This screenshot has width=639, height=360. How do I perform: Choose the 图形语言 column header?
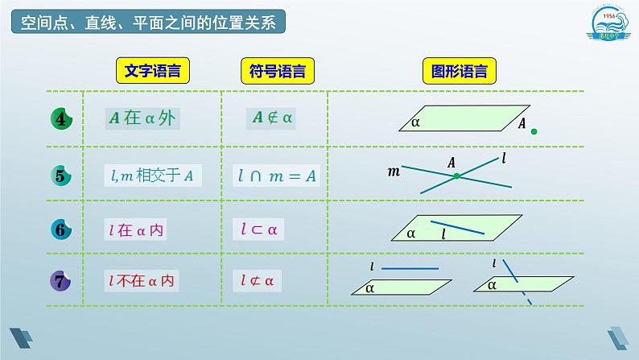point(459,72)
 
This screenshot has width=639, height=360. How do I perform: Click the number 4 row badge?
point(61,119)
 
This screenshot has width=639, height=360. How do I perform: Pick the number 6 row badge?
point(61,229)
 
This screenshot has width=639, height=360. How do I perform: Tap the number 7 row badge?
point(61,281)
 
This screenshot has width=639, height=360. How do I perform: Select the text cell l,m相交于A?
point(150,174)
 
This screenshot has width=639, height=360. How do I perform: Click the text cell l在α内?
point(137,230)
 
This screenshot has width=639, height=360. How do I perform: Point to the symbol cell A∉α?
point(274,118)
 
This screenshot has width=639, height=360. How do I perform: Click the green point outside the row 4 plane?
point(534,131)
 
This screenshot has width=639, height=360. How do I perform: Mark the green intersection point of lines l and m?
point(456,175)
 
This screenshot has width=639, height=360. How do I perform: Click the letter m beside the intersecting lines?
point(394,171)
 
